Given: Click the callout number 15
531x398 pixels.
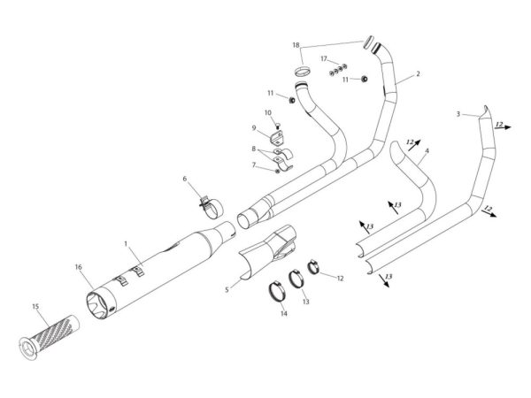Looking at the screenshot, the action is tap(35, 307).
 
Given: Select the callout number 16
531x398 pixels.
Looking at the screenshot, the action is tap(78, 267).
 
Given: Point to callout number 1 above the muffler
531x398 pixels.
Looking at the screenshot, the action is tap(126, 244).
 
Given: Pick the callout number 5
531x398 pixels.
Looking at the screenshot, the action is tap(227, 289).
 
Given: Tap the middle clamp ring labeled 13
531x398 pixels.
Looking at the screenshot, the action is tap(296, 279).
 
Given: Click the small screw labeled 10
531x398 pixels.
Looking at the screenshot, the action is tap(278, 126).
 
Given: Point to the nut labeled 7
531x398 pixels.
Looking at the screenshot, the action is tap(277, 171).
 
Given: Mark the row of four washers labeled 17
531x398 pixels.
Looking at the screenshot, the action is tap(338, 68).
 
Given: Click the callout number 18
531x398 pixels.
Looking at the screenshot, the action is tap(296, 45).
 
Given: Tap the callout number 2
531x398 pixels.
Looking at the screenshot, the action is tap(418, 73).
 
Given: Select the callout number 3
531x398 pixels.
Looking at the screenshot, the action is tap(458, 114).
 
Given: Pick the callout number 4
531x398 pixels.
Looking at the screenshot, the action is tap(427, 151).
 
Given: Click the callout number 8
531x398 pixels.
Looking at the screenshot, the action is tap(254, 149).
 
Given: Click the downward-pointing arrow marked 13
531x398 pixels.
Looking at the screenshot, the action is tap(384, 280).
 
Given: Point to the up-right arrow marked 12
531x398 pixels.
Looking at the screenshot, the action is tap(413, 145).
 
